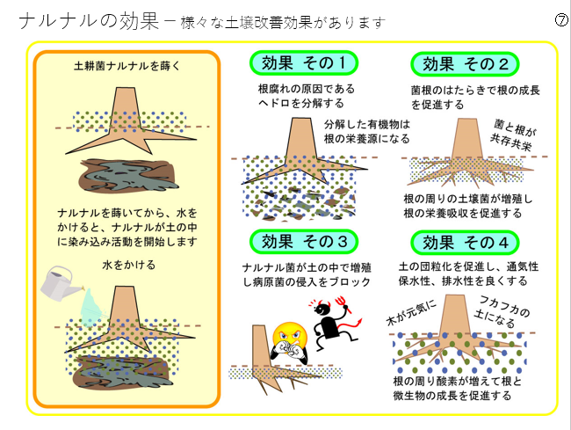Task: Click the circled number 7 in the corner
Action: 560,20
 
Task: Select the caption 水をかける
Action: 127,264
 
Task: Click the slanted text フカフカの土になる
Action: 504,310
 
